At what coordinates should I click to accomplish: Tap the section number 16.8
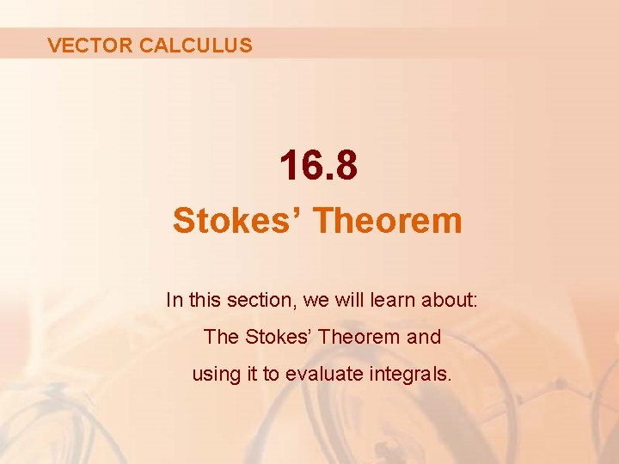pos(317,166)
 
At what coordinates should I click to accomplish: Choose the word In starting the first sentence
pos(174,300)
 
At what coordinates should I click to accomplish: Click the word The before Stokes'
pos(219,337)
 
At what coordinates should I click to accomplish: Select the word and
pos(424,337)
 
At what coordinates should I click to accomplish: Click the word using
pos(211,375)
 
